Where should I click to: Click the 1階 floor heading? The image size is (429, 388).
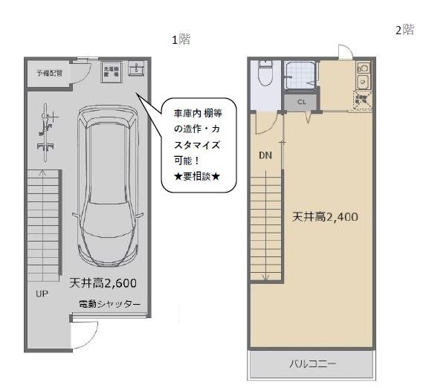(181, 40)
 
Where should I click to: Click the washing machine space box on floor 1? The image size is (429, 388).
(111, 71)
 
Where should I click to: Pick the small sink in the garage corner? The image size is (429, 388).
(137, 69)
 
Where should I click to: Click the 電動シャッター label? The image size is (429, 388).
(109, 303)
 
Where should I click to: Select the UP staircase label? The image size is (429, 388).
(42, 294)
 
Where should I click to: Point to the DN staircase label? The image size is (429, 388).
(265, 156)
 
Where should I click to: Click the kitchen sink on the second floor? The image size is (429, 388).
(363, 80)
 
